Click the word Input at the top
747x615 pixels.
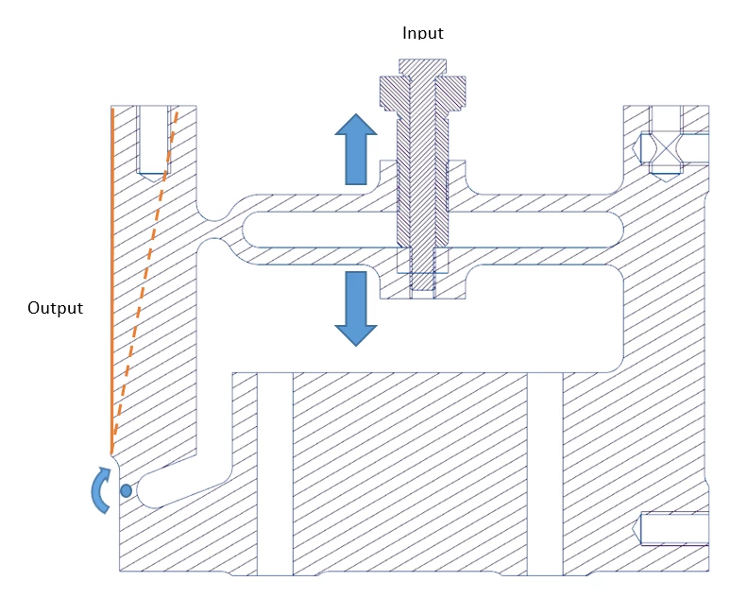[422, 33]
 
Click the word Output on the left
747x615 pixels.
[55, 308]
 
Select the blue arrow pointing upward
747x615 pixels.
[355, 148]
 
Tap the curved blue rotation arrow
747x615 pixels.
[98, 490]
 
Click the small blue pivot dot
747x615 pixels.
[126, 490]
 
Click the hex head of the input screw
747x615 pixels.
[422, 67]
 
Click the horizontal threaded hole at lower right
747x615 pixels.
[674, 528]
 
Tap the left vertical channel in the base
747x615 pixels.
[275, 472]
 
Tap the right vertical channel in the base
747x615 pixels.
[545, 472]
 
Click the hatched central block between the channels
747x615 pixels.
[410, 472]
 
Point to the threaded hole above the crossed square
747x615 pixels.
[667, 117]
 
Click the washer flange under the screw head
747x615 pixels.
[422, 93]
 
